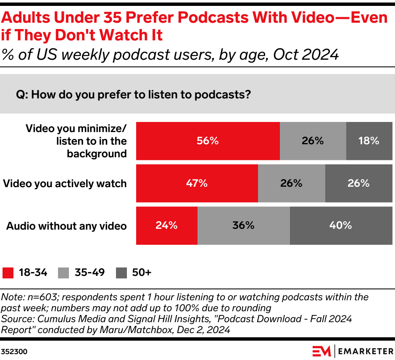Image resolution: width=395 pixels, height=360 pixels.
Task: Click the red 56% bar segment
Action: (x=208, y=141)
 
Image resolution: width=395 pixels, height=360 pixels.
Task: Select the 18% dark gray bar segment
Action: (x=369, y=141)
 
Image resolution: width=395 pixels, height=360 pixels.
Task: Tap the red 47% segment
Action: (x=197, y=183)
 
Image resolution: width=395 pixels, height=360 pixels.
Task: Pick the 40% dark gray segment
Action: (x=341, y=225)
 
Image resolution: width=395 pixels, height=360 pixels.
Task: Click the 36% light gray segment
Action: (x=244, y=225)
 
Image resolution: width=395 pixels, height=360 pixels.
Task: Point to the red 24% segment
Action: (x=166, y=225)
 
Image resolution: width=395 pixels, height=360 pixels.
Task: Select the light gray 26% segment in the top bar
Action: (x=313, y=141)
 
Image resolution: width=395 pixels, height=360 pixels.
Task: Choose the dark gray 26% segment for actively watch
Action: (x=358, y=183)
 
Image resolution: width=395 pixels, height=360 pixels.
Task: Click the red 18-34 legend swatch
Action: (x=8, y=273)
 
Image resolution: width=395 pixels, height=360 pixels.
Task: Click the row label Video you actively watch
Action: (x=65, y=184)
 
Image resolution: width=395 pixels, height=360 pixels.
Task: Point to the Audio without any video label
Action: (x=66, y=226)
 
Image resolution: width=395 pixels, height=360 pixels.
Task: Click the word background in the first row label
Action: (x=97, y=154)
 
